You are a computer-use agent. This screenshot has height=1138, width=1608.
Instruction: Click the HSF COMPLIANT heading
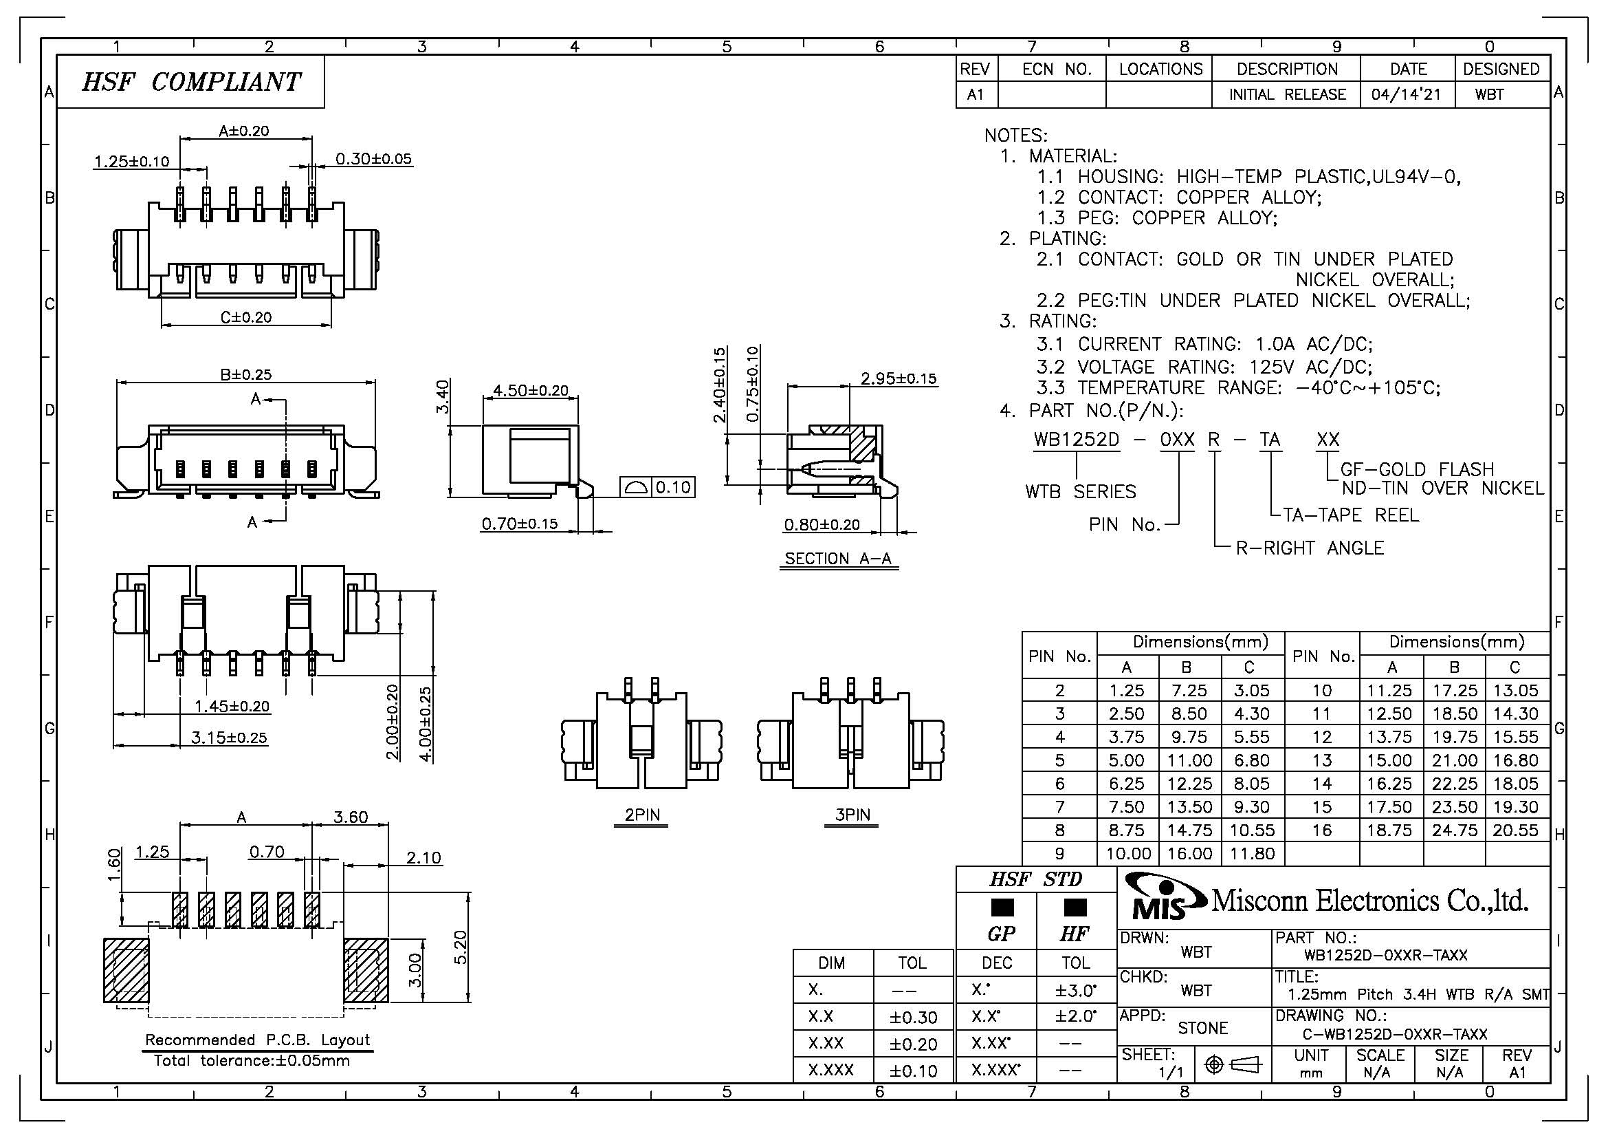(190, 82)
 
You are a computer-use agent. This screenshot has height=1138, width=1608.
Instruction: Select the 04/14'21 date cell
(1407, 94)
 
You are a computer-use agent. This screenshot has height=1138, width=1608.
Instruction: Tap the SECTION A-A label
(837, 559)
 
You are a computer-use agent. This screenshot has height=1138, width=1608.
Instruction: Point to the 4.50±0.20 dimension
(530, 389)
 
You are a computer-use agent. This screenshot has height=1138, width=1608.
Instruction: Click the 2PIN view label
(641, 814)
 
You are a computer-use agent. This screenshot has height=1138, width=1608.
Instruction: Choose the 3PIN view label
(852, 814)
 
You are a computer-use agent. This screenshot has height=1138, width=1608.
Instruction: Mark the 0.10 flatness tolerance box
(672, 487)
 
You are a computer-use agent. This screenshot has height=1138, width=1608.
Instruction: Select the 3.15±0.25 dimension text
(229, 737)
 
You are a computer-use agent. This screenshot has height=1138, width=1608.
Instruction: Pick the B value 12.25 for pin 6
(1189, 784)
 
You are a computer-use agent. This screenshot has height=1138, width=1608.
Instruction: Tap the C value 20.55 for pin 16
(1516, 830)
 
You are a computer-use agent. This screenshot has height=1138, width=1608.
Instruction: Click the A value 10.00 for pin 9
(1128, 853)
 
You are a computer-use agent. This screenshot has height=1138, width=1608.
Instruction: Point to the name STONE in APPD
(1202, 1028)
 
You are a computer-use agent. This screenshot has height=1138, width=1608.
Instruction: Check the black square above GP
(1002, 908)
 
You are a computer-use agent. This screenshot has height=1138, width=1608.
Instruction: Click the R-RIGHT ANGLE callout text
(1310, 548)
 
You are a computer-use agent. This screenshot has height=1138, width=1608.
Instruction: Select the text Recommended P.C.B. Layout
(257, 1039)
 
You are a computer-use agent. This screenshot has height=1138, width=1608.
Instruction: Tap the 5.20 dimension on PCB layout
(460, 947)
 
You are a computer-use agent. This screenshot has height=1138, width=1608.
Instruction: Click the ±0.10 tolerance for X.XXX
(913, 1071)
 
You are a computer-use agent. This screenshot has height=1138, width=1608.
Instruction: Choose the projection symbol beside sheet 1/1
(1232, 1065)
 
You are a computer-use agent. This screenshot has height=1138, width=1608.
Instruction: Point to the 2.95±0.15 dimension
(898, 378)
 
